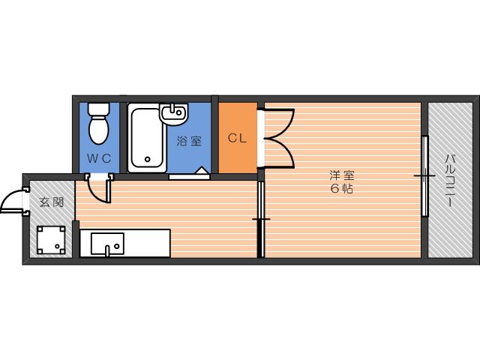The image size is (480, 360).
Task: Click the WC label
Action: [x=99, y=158]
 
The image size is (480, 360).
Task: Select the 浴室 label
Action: [x=189, y=141]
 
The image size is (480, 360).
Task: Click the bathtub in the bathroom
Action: [x=147, y=138]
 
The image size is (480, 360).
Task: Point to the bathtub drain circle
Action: [x=148, y=159]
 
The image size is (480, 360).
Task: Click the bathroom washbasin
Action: [x=173, y=114]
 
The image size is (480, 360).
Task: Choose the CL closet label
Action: [x=238, y=138]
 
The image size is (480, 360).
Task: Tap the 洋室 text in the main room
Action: [x=342, y=175]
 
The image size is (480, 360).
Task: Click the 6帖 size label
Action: [x=342, y=189]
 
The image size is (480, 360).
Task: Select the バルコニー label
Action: [x=449, y=181]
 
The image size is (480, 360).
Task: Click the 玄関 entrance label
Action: [x=52, y=202]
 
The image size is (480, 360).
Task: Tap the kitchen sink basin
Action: [x=107, y=244]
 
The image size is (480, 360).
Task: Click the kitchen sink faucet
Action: [x=107, y=250]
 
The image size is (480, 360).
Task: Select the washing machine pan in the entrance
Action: [x=51, y=240]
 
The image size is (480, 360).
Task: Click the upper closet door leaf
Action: [x=278, y=122]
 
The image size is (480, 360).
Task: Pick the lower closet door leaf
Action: [x=278, y=153]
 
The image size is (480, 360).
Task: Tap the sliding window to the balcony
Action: [x=424, y=176]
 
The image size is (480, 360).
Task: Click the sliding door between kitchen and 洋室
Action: [x=261, y=219]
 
